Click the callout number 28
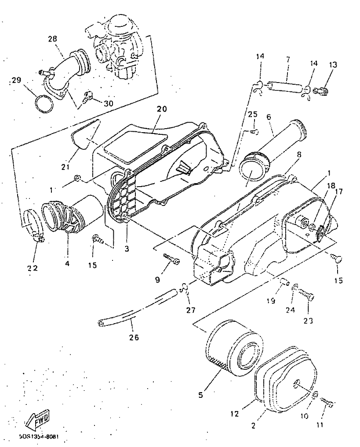click(x=52, y=40)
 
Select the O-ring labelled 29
click(x=45, y=104)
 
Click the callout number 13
click(x=332, y=65)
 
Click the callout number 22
click(x=33, y=268)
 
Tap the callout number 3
click(x=127, y=249)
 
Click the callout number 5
click(x=201, y=394)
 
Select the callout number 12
click(x=235, y=413)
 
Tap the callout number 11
click(x=320, y=425)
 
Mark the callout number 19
click(x=271, y=301)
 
